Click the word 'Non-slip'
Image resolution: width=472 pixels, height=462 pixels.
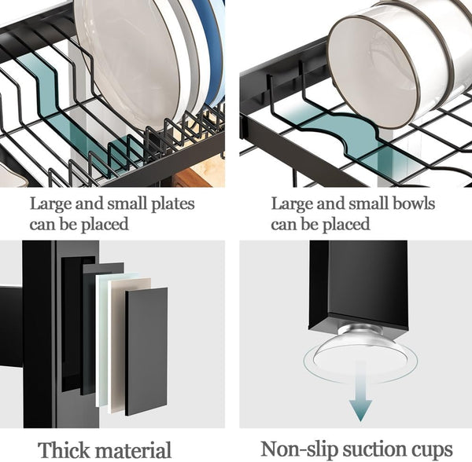point(295,449)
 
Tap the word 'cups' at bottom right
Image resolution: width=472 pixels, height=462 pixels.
point(433,449)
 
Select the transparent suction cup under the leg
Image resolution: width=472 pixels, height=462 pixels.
point(360,355)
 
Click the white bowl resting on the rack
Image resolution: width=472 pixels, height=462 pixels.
point(393,63)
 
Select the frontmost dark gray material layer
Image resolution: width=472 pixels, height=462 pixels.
point(146,350)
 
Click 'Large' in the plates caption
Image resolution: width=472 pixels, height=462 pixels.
point(50,204)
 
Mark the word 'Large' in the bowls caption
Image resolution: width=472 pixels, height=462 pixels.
point(291,204)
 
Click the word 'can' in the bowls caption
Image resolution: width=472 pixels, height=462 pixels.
point(283,225)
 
